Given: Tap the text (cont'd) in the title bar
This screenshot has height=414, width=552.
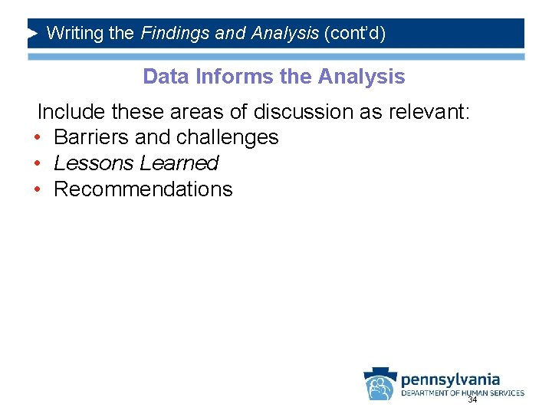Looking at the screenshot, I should point(355,33).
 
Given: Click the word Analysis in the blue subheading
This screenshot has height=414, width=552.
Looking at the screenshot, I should point(361,77).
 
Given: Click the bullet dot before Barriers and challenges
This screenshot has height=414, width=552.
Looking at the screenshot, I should point(37,138).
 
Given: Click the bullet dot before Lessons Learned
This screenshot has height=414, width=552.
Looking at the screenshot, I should point(37,164).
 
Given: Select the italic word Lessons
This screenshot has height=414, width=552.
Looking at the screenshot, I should point(93,164).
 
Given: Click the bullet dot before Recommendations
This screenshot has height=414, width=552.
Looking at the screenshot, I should point(37,190).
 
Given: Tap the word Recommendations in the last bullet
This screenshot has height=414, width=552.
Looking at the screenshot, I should point(143,190).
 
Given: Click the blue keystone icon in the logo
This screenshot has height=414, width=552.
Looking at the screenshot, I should point(379,383).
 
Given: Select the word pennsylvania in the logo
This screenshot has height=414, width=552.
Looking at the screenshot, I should point(450,379).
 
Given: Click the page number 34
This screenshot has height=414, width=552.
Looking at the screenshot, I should point(472,400).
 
